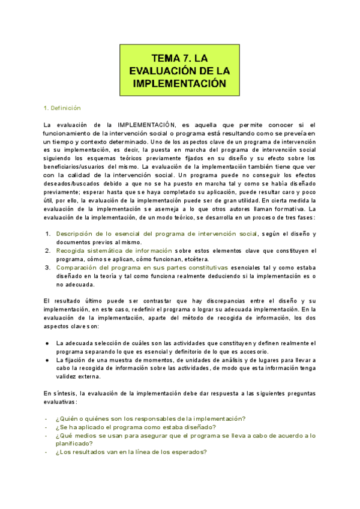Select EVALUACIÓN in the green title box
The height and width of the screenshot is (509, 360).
click(x=163, y=71)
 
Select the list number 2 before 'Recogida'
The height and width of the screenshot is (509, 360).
click(x=48, y=250)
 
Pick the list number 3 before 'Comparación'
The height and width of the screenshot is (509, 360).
click(x=48, y=267)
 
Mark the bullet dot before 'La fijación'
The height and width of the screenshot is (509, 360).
click(x=47, y=360)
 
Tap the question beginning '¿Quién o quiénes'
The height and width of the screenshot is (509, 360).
click(x=151, y=418)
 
